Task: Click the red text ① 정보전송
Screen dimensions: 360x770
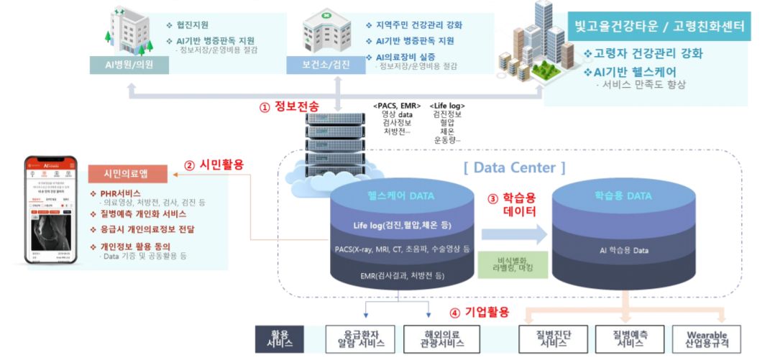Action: pos(289,106)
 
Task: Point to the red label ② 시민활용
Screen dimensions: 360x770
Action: pos(214,165)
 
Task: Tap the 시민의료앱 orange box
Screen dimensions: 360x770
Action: pos(127,174)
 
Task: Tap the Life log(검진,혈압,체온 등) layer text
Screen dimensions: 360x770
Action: pos(402,225)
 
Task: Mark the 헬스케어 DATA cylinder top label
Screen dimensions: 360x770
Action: pos(401,195)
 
